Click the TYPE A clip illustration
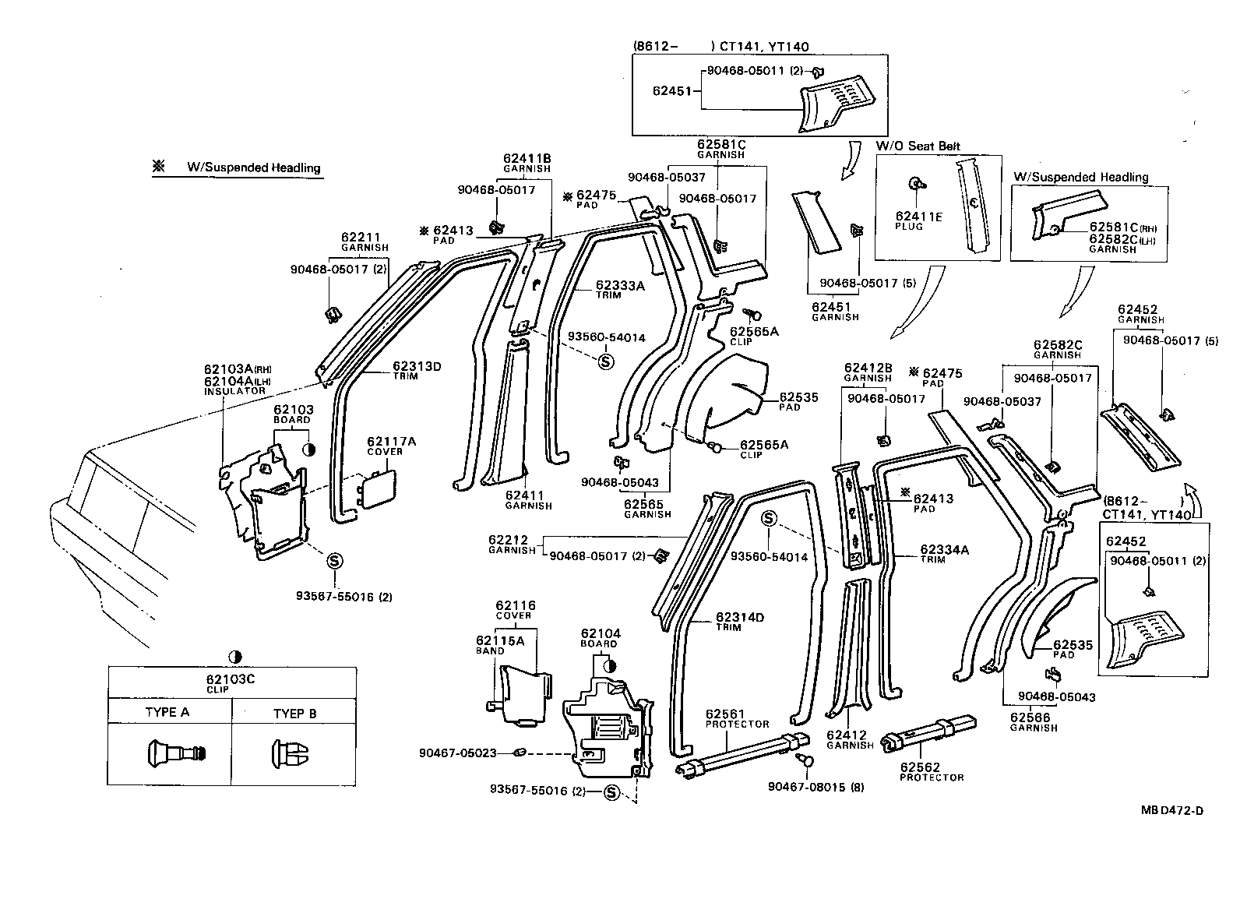pyautogui.click(x=175, y=754)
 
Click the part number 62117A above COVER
pyautogui.click(x=391, y=442)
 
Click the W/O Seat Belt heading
pyautogui.click(x=918, y=146)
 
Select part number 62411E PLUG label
pyautogui.click(x=918, y=217)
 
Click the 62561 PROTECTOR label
pyautogui.click(x=725, y=714)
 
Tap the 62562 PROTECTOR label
pyautogui.click(x=921, y=766)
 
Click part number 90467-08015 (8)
pyautogui.click(x=816, y=787)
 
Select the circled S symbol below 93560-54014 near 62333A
pyautogui.click(x=606, y=361)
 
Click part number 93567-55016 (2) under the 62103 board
pyautogui.click(x=343, y=597)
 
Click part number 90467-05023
pyautogui.click(x=457, y=753)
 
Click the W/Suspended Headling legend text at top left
pyautogui.click(x=253, y=167)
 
